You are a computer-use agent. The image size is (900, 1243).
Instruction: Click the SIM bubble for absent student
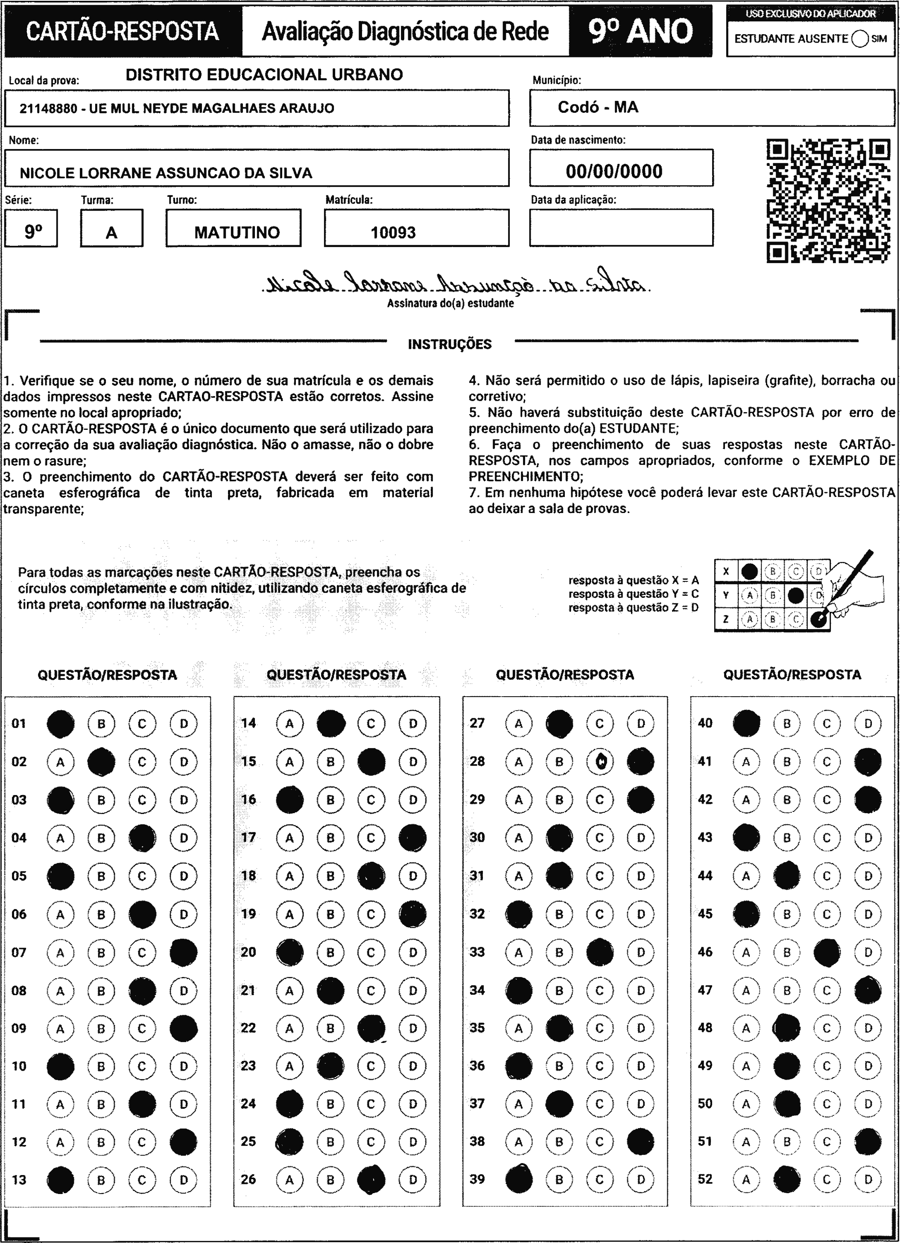pyautogui.click(x=860, y=39)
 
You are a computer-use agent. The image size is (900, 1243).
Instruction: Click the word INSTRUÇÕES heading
pyautogui.click(x=450, y=344)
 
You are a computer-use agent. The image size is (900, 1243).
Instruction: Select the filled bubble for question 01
pyautogui.click(x=61, y=724)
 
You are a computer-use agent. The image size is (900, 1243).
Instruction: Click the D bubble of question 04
pyautogui.click(x=183, y=838)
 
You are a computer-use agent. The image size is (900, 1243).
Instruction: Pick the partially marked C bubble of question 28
pyautogui.click(x=600, y=762)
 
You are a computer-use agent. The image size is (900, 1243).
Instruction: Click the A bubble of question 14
pyautogui.click(x=290, y=724)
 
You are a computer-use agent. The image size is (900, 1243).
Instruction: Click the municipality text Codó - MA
pyautogui.click(x=598, y=107)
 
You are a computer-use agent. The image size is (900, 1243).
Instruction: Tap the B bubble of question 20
pyautogui.click(x=330, y=953)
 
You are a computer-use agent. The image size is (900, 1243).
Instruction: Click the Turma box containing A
pyautogui.click(x=112, y=229)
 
